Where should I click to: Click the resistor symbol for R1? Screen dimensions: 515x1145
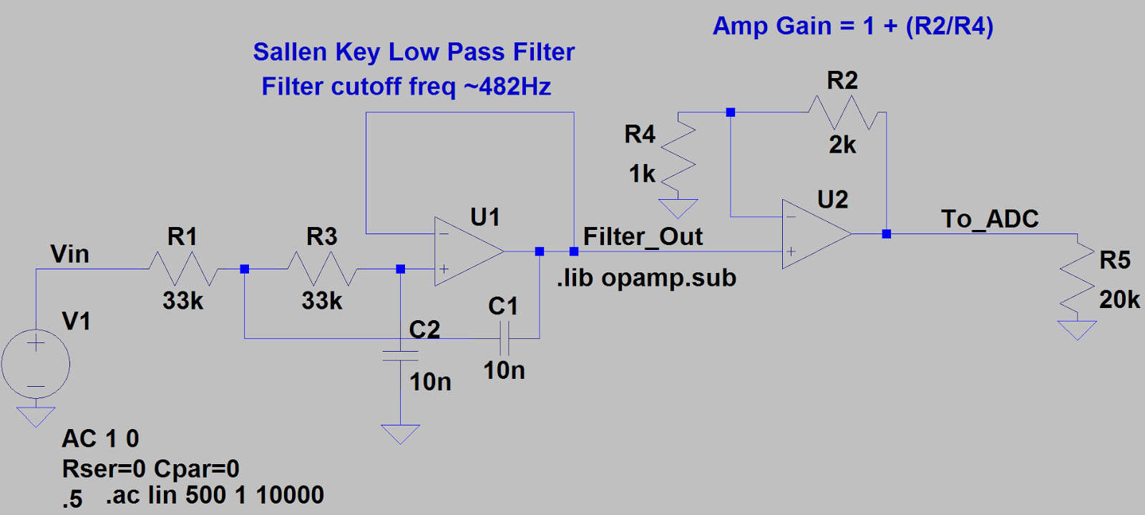coord(182,269)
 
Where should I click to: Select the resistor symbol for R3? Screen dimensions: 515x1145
coord(322,269)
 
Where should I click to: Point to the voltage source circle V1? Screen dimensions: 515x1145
coord(36,364)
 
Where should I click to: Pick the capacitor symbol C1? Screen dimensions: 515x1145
coord(504,338)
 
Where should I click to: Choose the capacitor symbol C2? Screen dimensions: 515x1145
coord(400,356)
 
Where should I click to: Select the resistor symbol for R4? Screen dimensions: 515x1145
coord(678,154)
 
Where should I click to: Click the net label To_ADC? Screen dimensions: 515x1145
coord(990,219)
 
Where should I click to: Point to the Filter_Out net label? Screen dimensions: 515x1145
coord(643,237)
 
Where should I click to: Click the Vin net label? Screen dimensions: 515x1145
coord(69,254)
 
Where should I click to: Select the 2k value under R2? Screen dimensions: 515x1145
coord(842,145)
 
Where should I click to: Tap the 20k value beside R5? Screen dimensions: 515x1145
coord(1119,299)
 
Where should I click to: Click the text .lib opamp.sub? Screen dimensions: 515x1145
coord(646,278)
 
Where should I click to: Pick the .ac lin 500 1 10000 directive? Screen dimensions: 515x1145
coord(215,495)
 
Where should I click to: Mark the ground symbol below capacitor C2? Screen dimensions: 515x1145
coord(400,433)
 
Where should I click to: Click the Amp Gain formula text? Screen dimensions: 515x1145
coord(853,27)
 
